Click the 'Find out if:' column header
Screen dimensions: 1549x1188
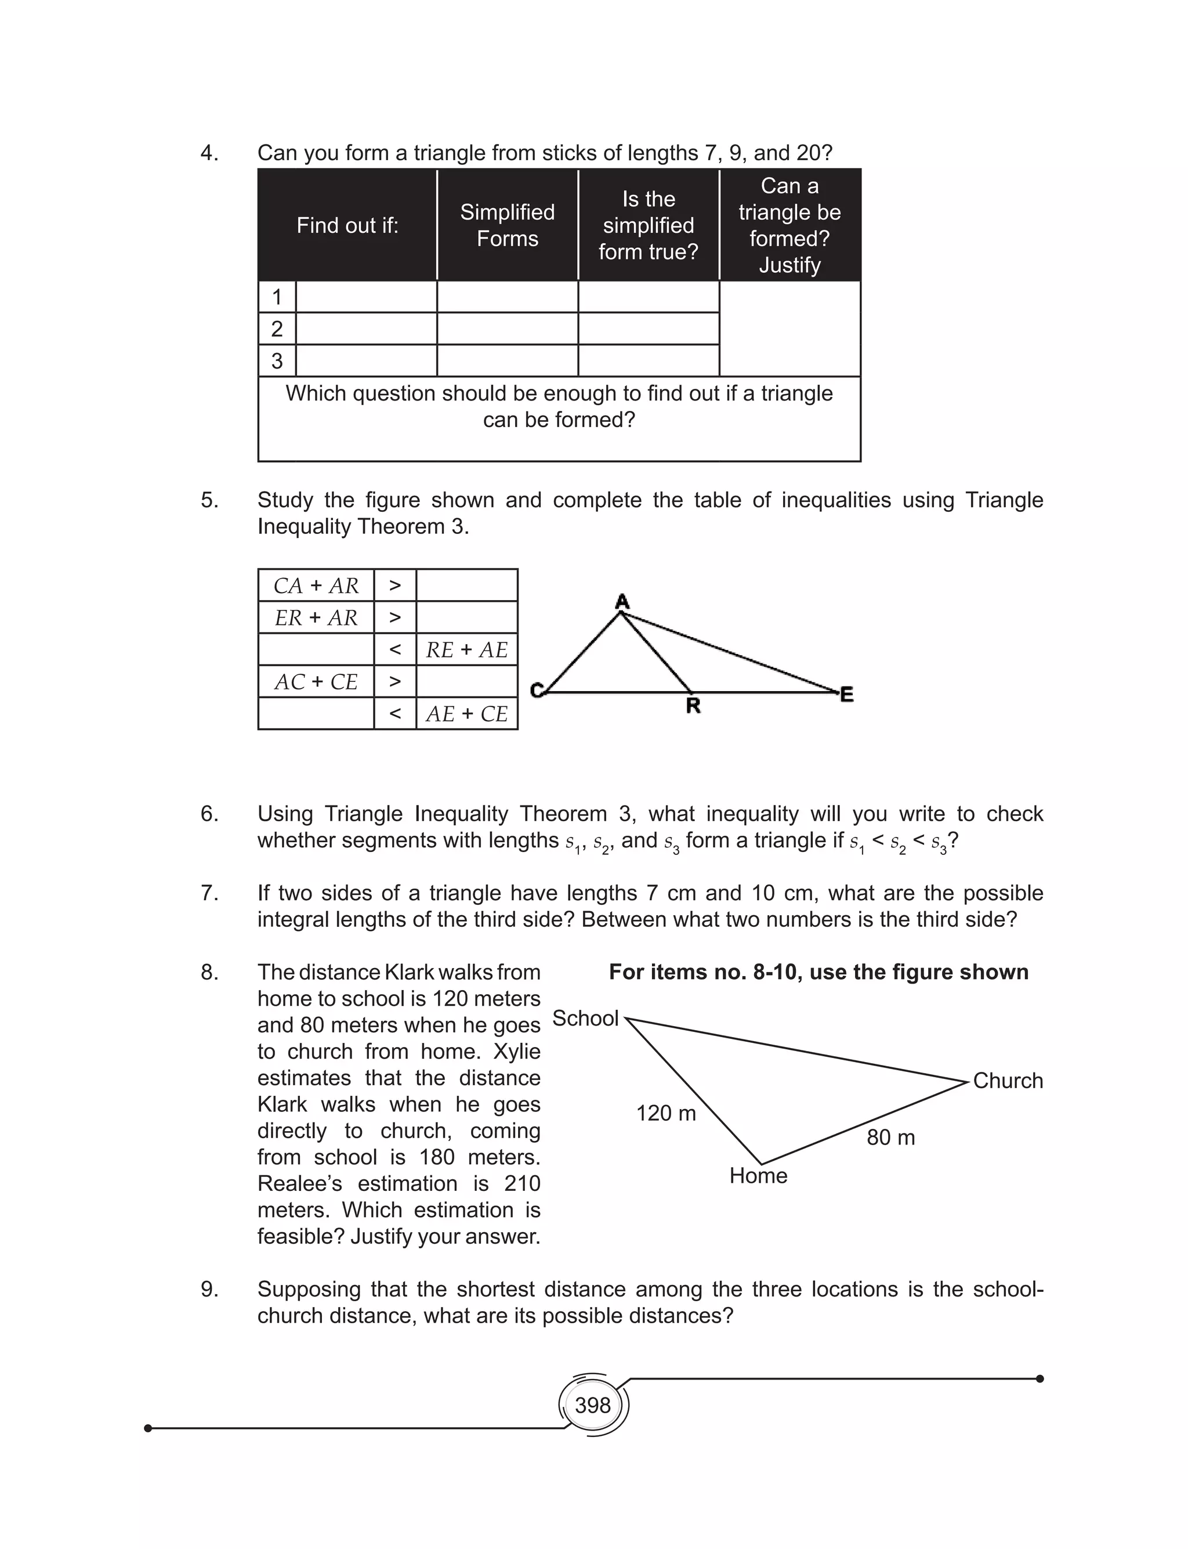347,226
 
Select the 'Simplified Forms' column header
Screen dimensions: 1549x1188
507,226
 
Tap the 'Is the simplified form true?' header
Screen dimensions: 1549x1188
649,226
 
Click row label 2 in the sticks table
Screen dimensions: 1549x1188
277,329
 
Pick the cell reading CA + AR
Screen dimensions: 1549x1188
316,586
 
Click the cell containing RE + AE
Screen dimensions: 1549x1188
467,650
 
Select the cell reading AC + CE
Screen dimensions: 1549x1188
316,682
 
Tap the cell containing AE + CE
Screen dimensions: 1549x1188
467,714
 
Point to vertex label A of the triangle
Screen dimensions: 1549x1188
622,602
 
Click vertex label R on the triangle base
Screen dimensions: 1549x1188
693,706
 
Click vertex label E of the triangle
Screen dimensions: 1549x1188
847,695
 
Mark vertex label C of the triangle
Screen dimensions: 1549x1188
537,690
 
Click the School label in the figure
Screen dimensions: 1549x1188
585,1019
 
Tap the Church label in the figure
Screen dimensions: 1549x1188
1008,1081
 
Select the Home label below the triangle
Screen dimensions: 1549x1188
758,1176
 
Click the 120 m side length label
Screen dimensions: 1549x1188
665,1113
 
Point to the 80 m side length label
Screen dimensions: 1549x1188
890,1138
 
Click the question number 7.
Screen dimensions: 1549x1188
209,893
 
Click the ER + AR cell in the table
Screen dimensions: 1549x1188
316,618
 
